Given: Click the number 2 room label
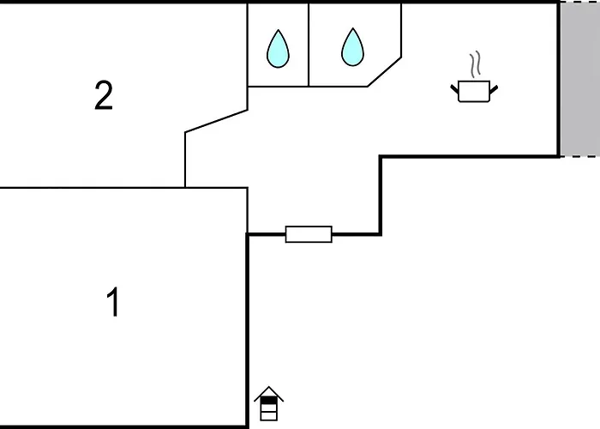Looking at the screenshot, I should pos(104,96).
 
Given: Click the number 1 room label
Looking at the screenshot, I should pos(112,303).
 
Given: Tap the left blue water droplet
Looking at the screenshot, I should pos(278,49).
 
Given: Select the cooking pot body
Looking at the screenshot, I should pos(473,91).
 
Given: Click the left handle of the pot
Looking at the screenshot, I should pos(455,87).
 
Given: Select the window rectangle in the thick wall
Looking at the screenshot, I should pos(309,234).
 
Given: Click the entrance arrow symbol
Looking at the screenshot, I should pos(269,404).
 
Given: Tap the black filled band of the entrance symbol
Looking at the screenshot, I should pos(269,400).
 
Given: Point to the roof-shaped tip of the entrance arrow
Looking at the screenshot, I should pos(269,391).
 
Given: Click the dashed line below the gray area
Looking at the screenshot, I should pos(579,156).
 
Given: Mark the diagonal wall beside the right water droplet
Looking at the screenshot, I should pos(385,72).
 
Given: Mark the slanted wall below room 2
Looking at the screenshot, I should pos(216,121).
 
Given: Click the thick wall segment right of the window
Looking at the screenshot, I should pos(356,233).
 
